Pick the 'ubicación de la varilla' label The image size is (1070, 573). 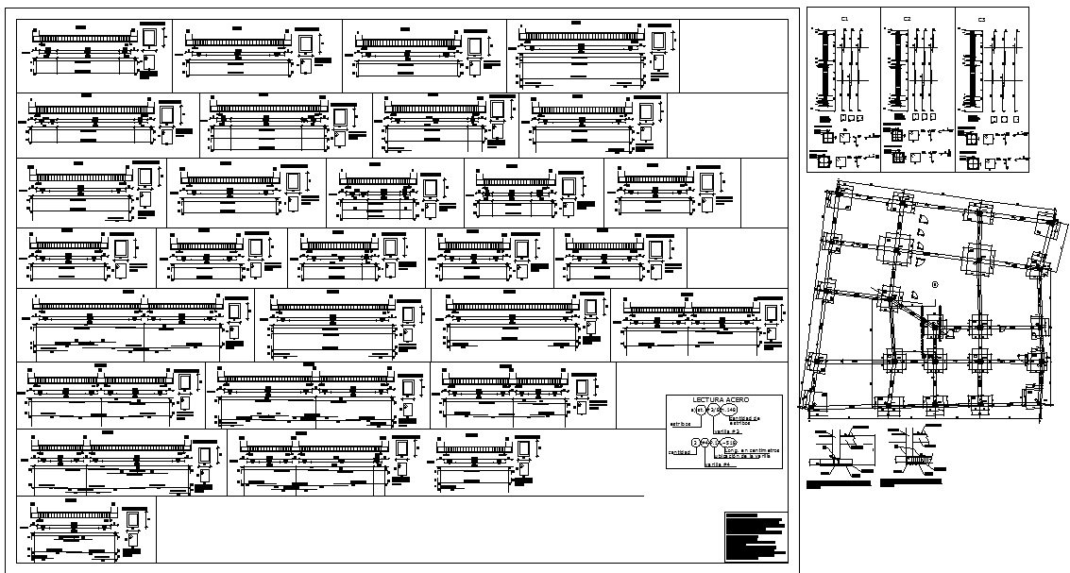tap(742, 457)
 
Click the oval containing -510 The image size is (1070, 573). tap(730, 442)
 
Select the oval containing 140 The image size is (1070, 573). tap(730, 410)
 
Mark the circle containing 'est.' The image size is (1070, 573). tap(700, 410)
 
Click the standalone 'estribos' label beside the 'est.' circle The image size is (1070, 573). tap(681, 424)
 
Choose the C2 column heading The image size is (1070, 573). tap(907, 19)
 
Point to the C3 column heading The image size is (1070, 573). tap(981, 19)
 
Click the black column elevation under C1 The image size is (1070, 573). tap(824, 72)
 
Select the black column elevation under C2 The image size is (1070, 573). tap(892, 72)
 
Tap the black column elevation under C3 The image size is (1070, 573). tap(964, 72)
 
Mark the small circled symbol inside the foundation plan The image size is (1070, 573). tap(935, 284)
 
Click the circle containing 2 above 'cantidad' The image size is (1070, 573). tap(695, 442)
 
